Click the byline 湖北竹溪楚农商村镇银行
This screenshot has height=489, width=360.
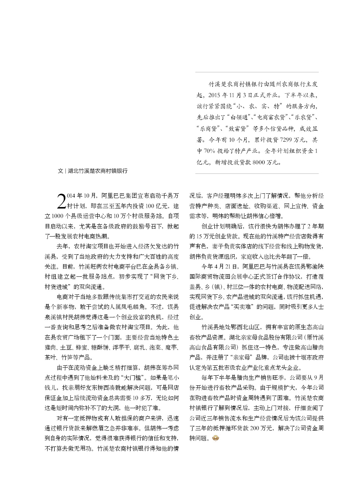[x=98, y=171]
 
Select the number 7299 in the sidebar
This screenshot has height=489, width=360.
[x=287, y=140]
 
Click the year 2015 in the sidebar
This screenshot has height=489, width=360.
[x=215, y=95]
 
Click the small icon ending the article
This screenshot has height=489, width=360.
[x=216, y=438]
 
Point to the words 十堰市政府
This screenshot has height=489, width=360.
[x=311, y=357]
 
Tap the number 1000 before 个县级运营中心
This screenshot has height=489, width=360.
[x=58, y=216]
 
